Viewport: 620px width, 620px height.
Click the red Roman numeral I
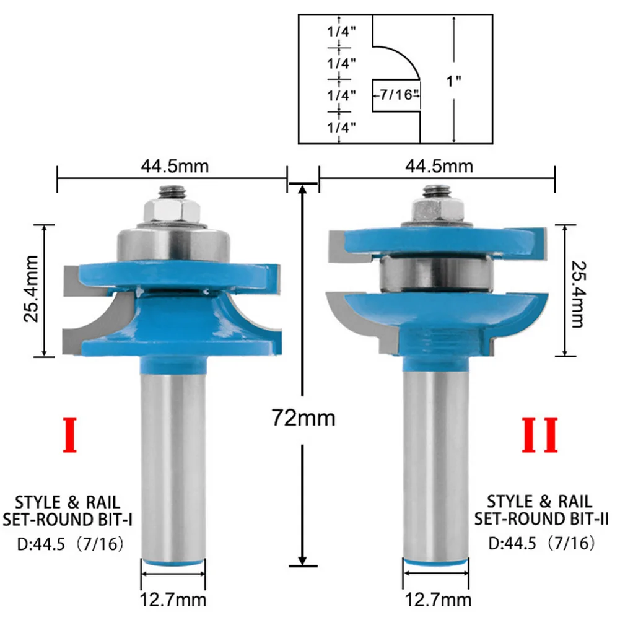70,435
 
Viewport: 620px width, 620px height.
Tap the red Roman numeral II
539,435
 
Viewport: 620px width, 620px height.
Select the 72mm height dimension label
303,418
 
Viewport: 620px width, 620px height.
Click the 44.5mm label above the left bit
175,166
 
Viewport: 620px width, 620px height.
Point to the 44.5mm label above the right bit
439,166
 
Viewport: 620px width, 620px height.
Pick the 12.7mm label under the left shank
173,600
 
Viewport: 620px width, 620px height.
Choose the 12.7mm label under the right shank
438,600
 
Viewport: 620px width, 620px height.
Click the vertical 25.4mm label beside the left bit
32,289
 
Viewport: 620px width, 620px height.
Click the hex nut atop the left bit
171,210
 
